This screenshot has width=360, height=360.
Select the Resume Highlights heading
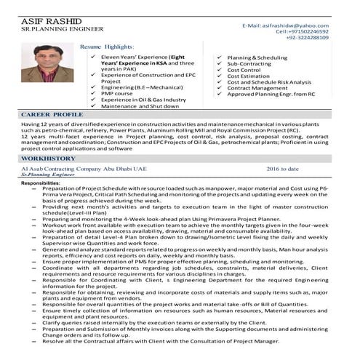coord(111,45)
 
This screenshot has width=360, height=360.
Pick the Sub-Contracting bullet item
coord(251,64)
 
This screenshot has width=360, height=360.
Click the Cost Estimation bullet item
coord(252,76)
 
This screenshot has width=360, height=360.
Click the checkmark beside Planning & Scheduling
coord(220,57)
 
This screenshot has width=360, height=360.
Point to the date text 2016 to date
coord(283,169)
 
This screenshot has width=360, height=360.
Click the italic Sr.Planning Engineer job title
coord(49,175)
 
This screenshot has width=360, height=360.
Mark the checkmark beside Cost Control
coord(220,71)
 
